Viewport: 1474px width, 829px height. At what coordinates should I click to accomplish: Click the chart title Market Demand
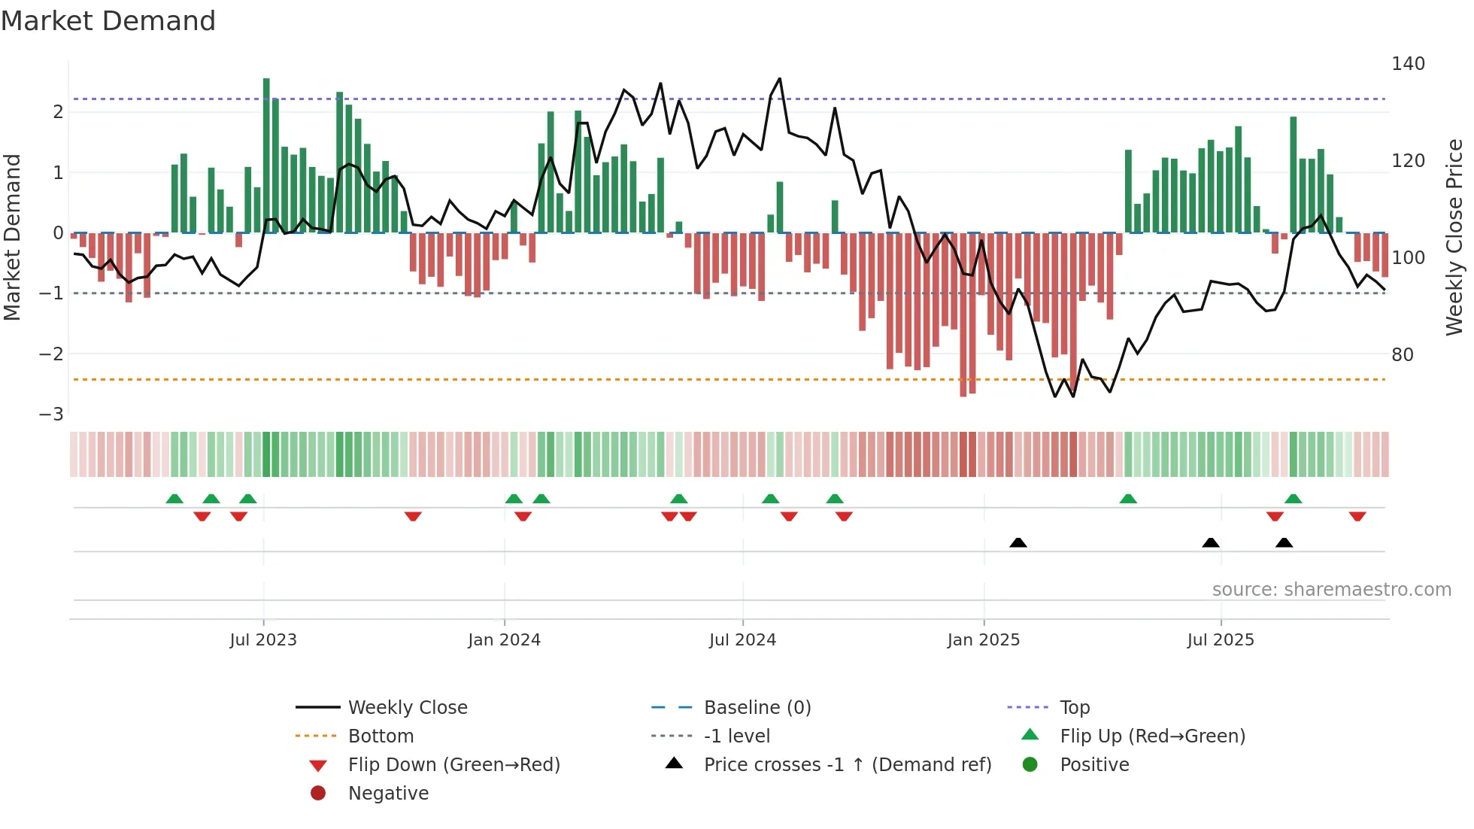(108, 21)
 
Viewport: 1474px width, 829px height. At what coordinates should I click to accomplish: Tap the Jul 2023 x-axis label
(263, 640)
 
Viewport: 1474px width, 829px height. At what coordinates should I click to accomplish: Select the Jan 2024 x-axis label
(504, 640)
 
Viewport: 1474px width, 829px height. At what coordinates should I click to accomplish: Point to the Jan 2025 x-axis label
(983, 640)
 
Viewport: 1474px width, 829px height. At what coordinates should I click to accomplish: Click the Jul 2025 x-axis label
(1221, 640)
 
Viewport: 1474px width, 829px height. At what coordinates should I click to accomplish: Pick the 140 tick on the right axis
(1408, 64)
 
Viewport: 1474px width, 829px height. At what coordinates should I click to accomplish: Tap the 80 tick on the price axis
(1403, 355)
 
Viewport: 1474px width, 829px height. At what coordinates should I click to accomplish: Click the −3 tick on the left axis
(51, 414)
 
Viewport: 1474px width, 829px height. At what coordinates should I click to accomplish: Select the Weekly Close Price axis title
(1454, 237)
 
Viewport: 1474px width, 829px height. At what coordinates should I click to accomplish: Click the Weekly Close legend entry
(407, 708)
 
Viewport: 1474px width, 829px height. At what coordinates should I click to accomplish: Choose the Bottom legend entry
(381, 736)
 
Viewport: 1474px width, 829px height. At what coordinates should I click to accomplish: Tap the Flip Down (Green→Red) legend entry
(453, 765)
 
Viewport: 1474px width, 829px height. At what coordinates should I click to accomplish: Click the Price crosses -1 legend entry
(847, 765)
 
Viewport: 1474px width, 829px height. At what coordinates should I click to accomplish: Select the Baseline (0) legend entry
(757, 708)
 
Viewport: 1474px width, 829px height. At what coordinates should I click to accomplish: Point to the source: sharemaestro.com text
(1331, 590)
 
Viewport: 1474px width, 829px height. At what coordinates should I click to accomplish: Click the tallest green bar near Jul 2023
(266, 154)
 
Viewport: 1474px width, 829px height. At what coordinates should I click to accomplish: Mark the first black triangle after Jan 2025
(1018, 542)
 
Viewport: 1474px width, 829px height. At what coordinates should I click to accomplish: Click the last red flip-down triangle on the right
(1357, 516)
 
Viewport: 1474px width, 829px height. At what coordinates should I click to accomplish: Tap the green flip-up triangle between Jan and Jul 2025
(1127, 499)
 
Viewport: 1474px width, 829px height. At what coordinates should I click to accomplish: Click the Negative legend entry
(388, 794)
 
